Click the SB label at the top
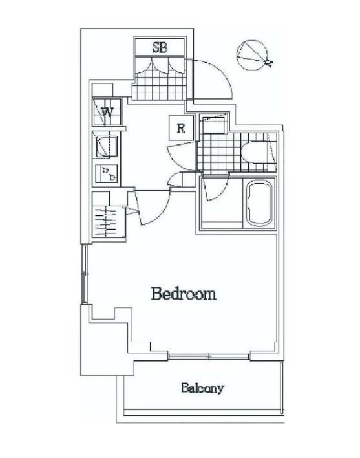coord(160,47)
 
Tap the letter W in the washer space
coord(107,112)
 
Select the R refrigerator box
coord(181,127)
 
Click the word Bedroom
coord(184,294)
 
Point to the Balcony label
coord(202,388)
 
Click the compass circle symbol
coord(252,55)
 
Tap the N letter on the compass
coord(269,63)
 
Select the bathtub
coord(259,203)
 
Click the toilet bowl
coord(255,151)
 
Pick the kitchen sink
coord(107,147)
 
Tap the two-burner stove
coord(107,174)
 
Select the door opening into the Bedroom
coord(152,208)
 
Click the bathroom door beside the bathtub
coord(215,188)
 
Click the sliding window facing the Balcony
coord(209,356)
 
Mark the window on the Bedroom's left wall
coord(84,274)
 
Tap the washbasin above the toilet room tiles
coord(214,124)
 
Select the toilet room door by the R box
coord(182,156)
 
